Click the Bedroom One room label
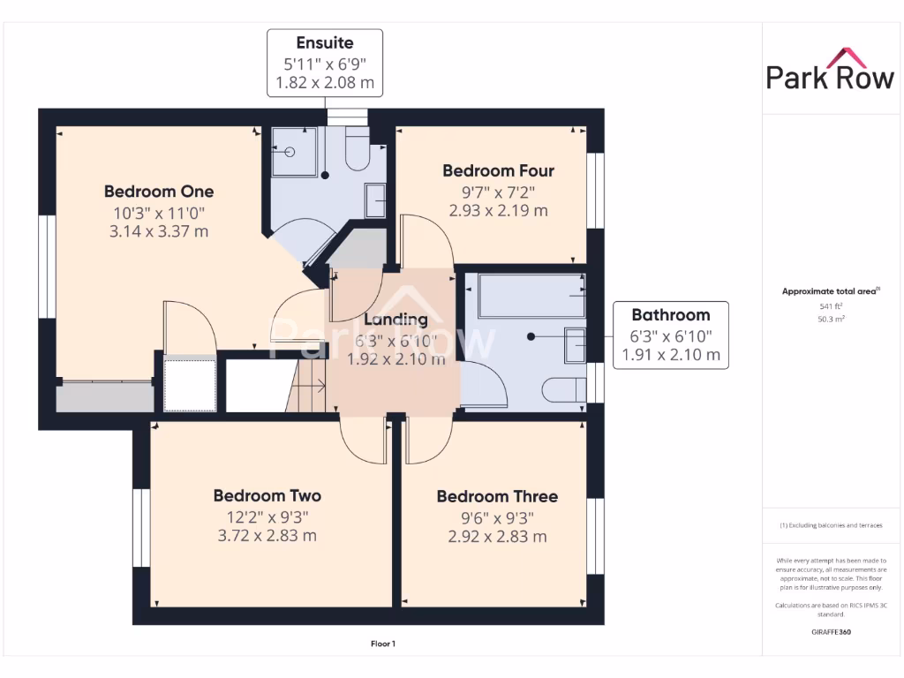pyautogui.click(x=159, y=192)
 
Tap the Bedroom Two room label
pyautogui.click(x=267, y=496)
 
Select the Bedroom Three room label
pyautogui.click(x=497, y=497)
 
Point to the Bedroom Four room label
pyautogui.click(x=498, y=170)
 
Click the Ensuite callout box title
pyautogui.click(x=325, y=43)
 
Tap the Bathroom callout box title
pyautogui.click(x=670, y=315)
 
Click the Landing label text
pyautogui.click(x=396, y=320)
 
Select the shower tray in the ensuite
pyautogui.click(x=293, y=151)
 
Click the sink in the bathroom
pyautogui.click(x=576, y=344)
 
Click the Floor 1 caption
pyautogui.click(x=382, y=644)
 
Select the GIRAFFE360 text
pyautogui.click(x=830, y=632)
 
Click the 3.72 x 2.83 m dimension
pyautogui.click(x=267, y=536)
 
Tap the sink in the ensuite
pyautogui.click(x=374, y=200)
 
